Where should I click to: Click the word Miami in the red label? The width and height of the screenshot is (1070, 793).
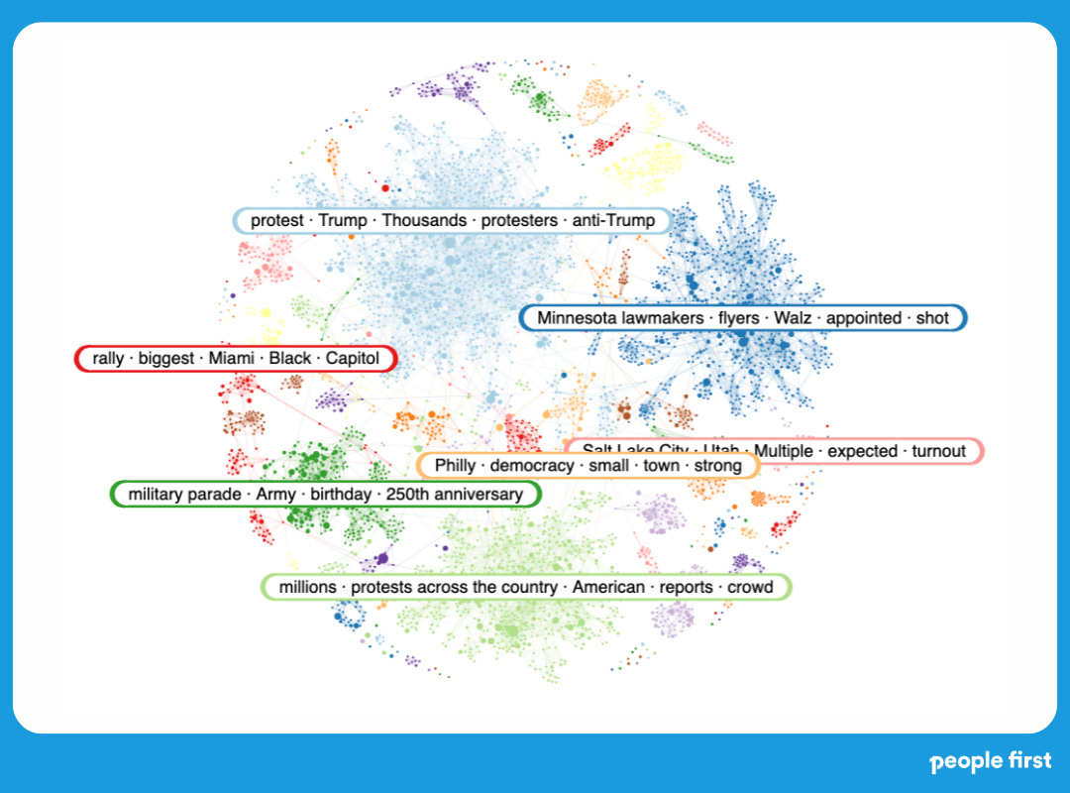(230, 359)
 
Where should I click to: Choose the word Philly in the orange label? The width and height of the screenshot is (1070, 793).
(455, 466)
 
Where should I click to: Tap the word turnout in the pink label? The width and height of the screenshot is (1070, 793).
(938, 452)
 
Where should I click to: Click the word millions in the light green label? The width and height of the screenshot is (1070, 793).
(307, 587)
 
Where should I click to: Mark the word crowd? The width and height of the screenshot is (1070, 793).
(750, 587)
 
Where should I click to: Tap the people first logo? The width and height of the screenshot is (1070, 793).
(991, 762)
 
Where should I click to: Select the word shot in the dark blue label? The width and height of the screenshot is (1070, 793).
(932, 318)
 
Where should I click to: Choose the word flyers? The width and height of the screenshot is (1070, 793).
(733, 318)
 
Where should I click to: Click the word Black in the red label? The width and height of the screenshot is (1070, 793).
(289, 359)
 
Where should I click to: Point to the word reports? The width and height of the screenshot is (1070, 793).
(687, 587)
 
